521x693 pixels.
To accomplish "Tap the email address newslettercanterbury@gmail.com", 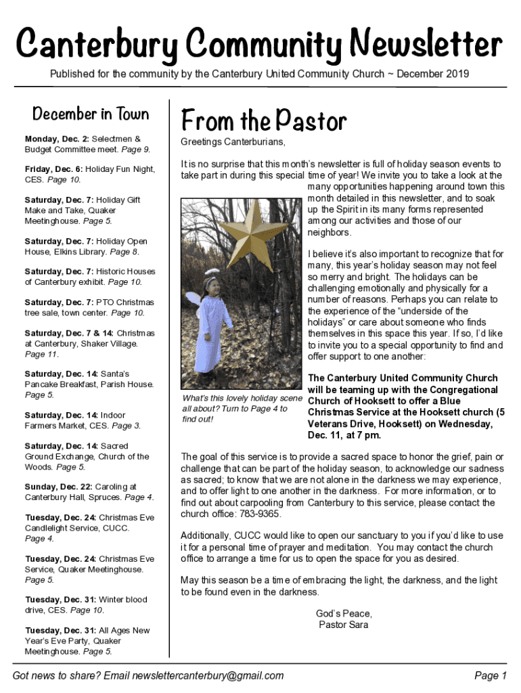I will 208,675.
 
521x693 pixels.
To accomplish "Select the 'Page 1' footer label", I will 491,675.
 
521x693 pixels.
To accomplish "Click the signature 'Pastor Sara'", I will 344,625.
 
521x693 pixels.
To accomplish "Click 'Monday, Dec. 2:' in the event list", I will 57,138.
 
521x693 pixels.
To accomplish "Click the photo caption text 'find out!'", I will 198,420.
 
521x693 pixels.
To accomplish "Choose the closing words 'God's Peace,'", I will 344,613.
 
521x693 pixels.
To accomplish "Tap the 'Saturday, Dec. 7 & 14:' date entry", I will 69,333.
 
